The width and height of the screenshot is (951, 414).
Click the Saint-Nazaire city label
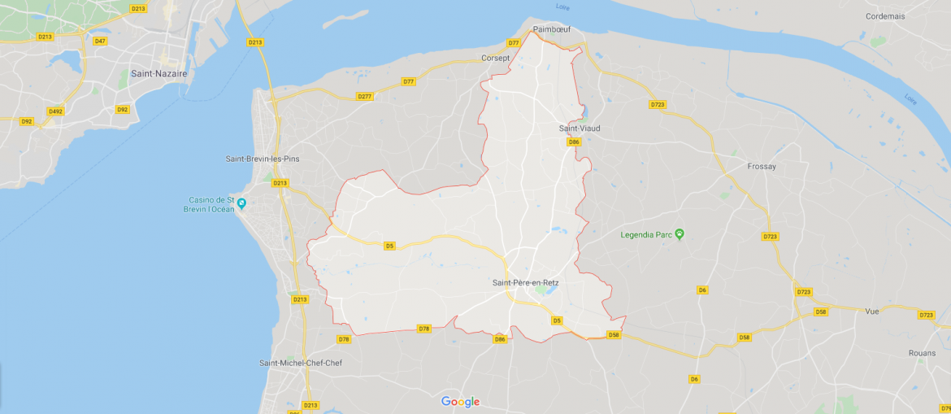click(x=158, y=73)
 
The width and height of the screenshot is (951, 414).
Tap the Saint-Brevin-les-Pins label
click(x=263, y=159)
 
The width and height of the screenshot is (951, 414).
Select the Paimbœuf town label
click(x=552, y=29)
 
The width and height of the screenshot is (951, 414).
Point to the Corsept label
click(x=495, y=58)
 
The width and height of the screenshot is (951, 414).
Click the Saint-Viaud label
click(x=580, y=129)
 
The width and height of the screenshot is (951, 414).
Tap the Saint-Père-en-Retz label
click(x=525, y=282)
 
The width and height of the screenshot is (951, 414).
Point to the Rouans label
click(x=923, y=353)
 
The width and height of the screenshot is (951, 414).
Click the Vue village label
click(x=872, y=311)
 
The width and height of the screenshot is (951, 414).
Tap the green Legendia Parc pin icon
click(x=680, y=234)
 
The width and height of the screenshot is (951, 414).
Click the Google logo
click(x=460, y=402)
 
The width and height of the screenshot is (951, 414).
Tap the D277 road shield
click(x=365, y=96)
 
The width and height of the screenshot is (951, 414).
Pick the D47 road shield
click(x=100, y=41)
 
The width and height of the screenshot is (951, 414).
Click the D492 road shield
click(x=55, y=111)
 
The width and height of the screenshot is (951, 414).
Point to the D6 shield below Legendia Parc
click(x=701, y=290)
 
